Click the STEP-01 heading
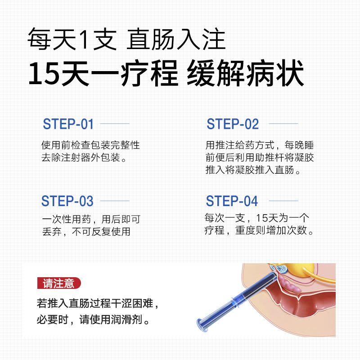coord(68,124)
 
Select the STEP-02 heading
coord(233,124)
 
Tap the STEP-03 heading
coord(67,201)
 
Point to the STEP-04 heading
coord(232,201)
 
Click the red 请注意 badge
coord(59,283)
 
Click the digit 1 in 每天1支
coord(84,39)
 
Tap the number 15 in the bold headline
coord(44,73)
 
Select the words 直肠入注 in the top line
coord(176,39)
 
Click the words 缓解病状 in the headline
coord(245,73)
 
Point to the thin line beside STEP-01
coord(115,124)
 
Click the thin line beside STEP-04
coord(283,201)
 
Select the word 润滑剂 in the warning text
coord(126,319)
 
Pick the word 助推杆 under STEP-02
coord(269,158)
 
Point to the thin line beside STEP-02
coord(283,123)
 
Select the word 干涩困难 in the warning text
coord(132,303)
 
